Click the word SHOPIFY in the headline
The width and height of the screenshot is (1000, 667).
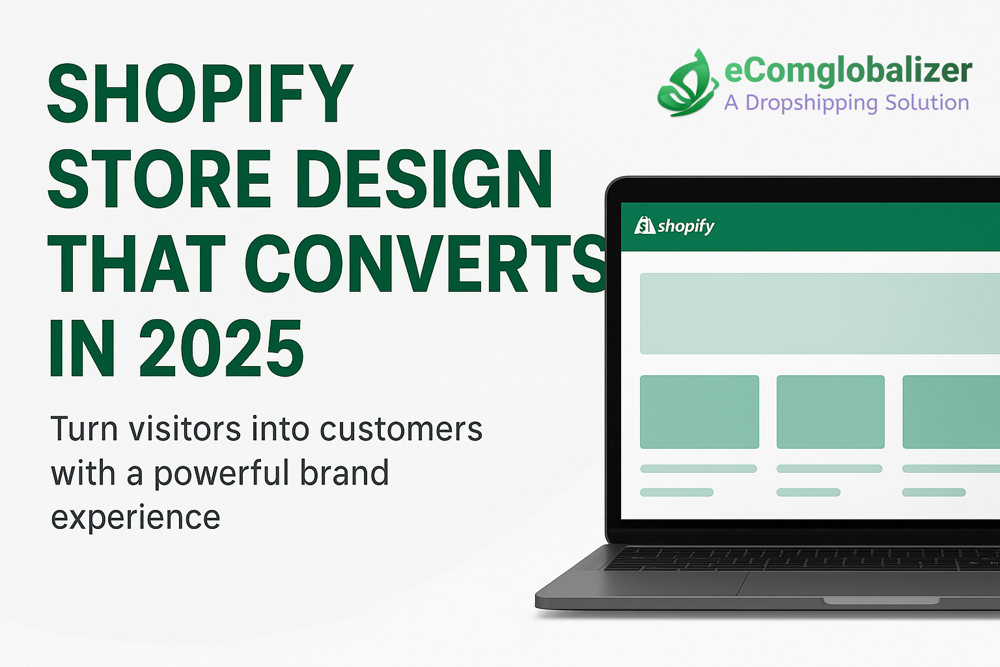pos(201,94)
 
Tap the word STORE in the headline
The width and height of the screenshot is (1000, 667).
pos(159,179)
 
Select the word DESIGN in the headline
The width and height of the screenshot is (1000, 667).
pos(424,179)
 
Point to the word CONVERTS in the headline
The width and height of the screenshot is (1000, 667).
pos(426,264)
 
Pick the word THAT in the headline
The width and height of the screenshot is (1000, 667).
pos(137,264)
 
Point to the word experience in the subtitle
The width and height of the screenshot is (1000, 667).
pos(135,517)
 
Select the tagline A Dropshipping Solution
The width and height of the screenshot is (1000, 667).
pos(846,103)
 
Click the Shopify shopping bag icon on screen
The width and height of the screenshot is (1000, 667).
pos(645,225)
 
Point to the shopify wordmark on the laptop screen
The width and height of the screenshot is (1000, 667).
pos(686,226)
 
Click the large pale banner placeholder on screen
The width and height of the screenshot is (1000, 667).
pos(819,313)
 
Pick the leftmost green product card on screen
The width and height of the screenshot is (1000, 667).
pos(699,412)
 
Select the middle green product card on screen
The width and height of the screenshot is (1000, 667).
pos(830,412)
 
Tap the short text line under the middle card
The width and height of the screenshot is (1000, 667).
pos(808,492)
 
